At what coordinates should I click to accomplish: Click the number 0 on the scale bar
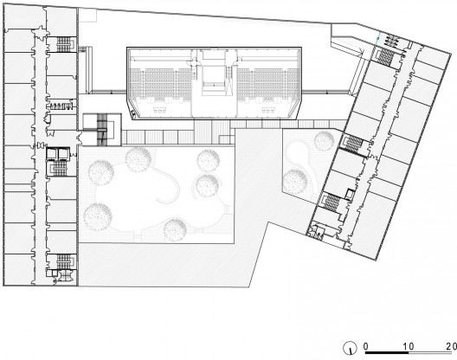366,346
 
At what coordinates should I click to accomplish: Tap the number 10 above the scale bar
409,346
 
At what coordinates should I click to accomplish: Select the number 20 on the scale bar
451,346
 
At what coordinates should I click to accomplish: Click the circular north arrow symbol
350,348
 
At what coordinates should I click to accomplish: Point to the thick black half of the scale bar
387,353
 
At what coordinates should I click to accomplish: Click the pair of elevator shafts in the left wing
58,154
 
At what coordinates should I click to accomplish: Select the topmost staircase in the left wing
63,44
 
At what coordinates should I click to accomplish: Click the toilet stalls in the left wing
61,106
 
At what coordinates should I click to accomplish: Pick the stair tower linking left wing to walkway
102,130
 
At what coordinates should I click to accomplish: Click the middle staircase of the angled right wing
354,145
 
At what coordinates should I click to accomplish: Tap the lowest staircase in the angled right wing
332,202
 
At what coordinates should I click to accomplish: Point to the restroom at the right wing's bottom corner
317,231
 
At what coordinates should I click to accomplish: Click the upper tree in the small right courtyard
324,141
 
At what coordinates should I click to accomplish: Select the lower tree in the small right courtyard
295,181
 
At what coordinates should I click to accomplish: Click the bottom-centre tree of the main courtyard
175,230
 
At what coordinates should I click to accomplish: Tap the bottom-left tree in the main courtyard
98,217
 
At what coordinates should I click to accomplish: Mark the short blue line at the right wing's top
377,37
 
